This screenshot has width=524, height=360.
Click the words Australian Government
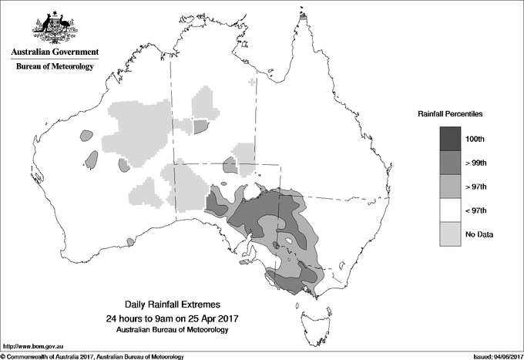(x=54, y=52)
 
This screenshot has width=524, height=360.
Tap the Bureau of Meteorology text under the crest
(x=54, y=67)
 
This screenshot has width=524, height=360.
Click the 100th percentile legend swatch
(x=451, y=139)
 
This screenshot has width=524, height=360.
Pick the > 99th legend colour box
(x=451, y=163)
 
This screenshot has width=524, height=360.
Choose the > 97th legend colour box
(x=451, y=187)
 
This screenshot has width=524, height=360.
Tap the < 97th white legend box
(x=451, y=210)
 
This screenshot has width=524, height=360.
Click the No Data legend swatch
(x=451, y=234)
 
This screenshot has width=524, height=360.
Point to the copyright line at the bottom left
(x=92, y=356)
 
